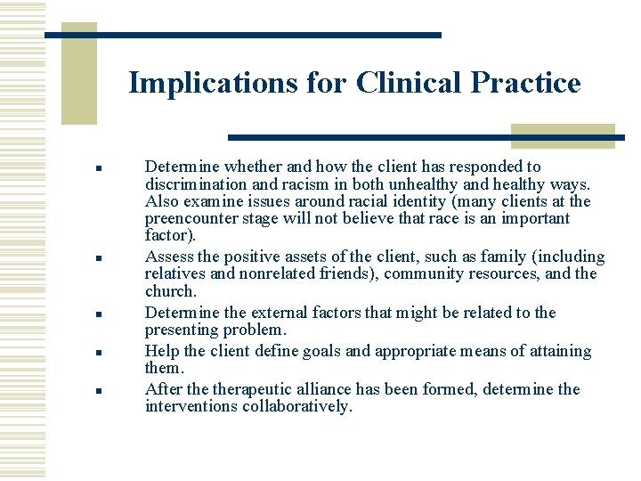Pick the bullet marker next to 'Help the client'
tap(102, 352)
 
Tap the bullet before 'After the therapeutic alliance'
tap(102, 390)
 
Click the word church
tap(169, 291)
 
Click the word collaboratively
tap(296, 406)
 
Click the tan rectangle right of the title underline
tap(563, 135)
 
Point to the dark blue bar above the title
tap(243, 35)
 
